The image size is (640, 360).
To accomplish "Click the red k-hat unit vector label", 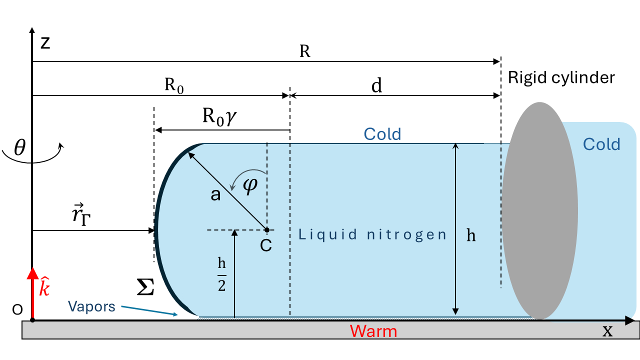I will tap(44, 288).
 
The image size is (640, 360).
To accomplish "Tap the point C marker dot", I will tap(267, 230).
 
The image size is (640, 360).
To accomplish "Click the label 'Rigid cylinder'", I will tap(561, 77).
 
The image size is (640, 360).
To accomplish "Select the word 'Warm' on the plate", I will tap(373, 331).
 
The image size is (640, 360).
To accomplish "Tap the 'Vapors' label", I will tap(92, 306).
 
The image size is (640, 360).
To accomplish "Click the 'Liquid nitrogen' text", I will tap(372, 234).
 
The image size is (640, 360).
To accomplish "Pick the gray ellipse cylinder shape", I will tap(540, 210).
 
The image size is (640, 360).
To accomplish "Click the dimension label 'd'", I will tap(376, 86).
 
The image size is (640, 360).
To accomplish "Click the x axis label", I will tap(607, 331).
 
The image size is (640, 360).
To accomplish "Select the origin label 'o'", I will tap(17, 310).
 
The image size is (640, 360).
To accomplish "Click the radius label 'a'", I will tap(215, 194).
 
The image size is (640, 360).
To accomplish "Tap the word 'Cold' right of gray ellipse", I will tap(601, 144).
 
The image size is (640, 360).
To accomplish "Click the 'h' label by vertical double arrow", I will tap(471, 236).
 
